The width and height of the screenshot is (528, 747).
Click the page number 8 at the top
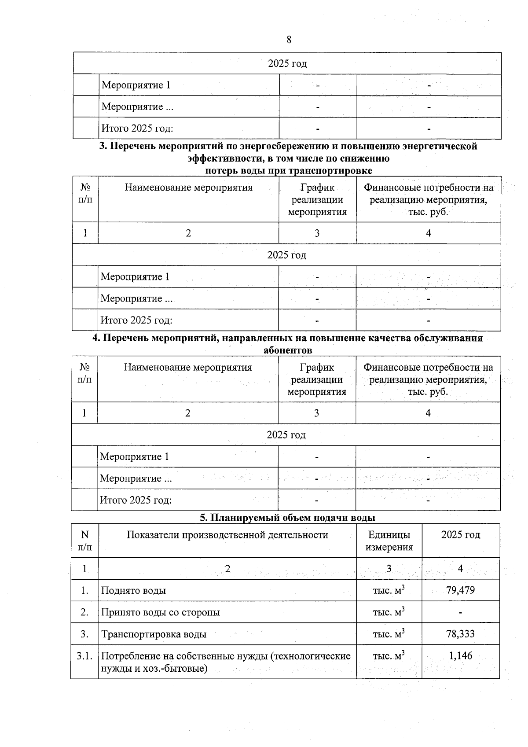point(289,40)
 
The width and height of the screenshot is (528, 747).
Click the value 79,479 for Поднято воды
point(460,590)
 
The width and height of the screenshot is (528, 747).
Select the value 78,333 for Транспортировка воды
point(460,634)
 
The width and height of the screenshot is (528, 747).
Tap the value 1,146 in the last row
point(460,656)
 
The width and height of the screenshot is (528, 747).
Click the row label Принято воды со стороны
point(161,612)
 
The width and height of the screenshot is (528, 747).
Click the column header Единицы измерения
point(389,541)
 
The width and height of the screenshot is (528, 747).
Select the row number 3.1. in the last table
point(84,656)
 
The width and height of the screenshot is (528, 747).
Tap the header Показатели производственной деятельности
point(227,535)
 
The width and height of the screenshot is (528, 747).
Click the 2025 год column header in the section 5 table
point(460,535)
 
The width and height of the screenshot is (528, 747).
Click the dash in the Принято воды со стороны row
point(460,612)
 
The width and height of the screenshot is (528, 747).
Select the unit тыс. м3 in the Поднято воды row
point(389,590)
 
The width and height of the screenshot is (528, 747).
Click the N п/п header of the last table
point(85,541)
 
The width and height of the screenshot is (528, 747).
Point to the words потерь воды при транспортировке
point(289,170)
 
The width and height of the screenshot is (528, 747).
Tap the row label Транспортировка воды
point(154,634)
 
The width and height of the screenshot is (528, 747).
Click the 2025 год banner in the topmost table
point(287,63)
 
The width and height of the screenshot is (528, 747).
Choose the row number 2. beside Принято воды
point(84,612)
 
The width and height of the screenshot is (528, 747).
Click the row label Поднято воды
point(133,590)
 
